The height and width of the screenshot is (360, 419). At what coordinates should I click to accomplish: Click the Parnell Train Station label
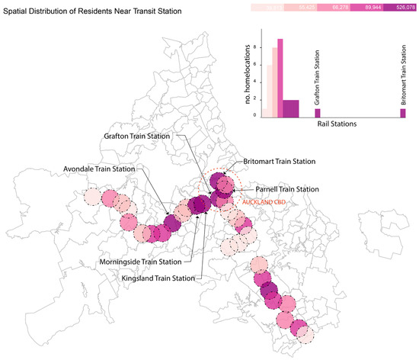pos(288,188)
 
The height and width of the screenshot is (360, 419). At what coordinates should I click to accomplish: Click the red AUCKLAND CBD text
pos(259,201)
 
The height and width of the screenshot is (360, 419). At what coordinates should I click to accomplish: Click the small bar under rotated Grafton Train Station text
pos(318,113)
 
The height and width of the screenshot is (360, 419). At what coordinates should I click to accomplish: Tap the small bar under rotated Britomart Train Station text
pos(403,113)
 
